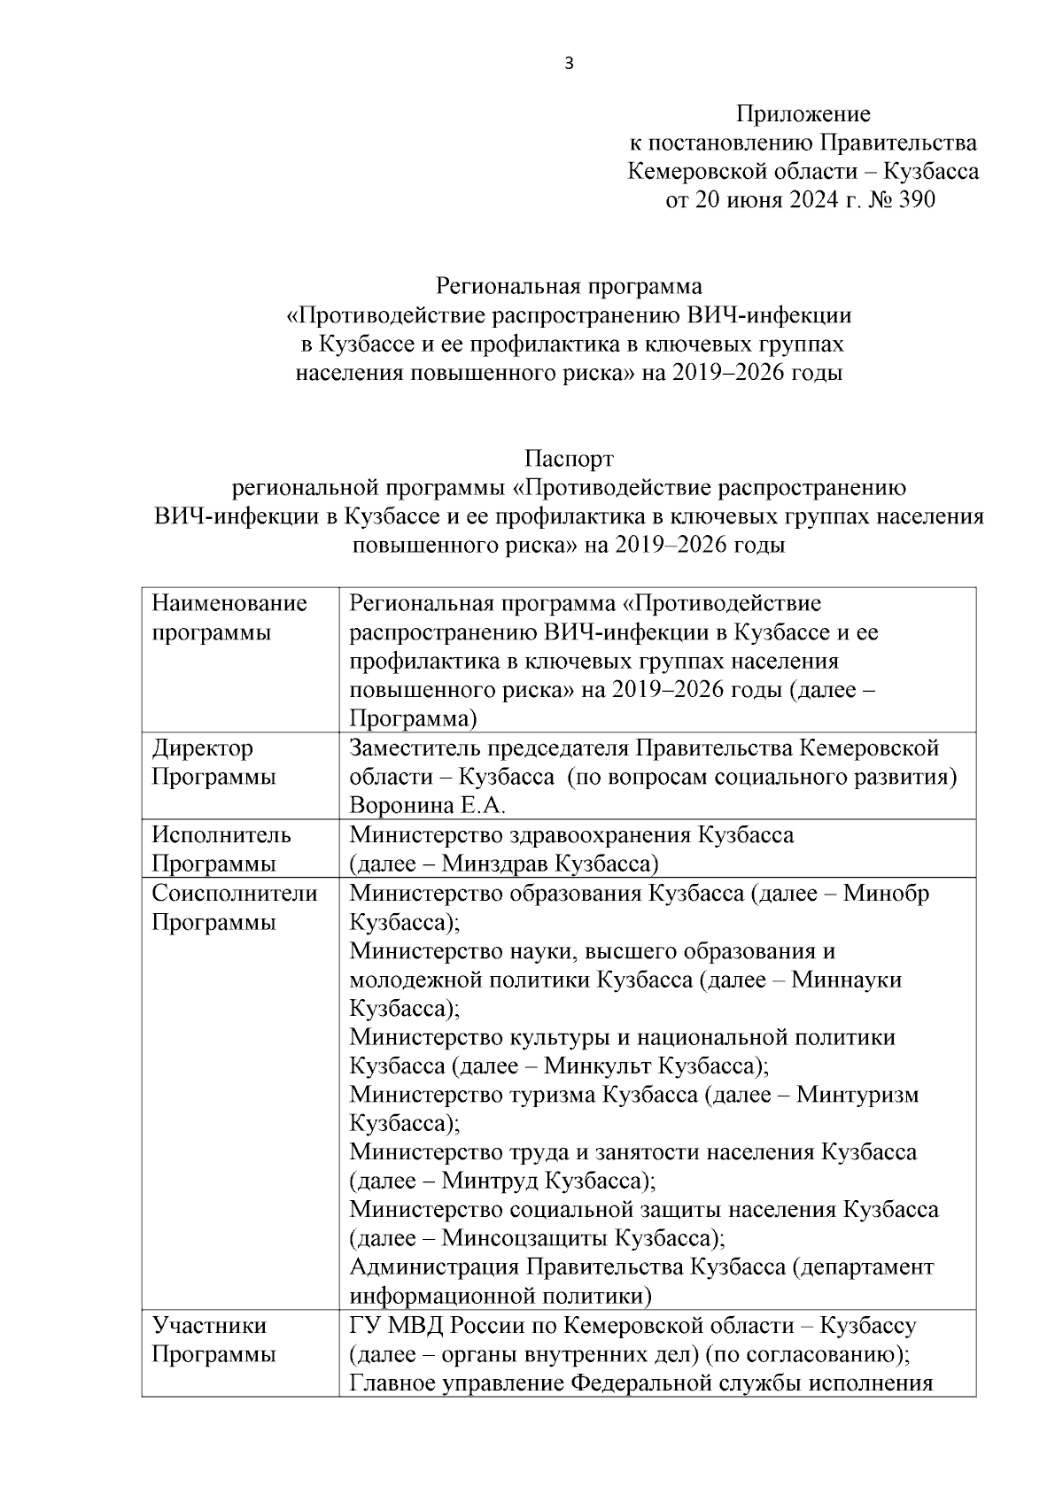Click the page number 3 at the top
[x=570, y=63]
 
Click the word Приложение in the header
[x=803, y=114]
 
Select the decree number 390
[x=916, y=200]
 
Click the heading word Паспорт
[x=569, y=460]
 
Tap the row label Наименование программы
[x=229, y=618]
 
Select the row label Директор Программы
[x=213, y=763]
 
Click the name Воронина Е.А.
[x=427, y=806]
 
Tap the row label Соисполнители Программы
[x=234, y=907]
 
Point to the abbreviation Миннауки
[x=846, y=980]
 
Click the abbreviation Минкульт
[x=598, y=1065]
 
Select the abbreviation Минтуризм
[x=857, y=1095]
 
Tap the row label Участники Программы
[x=213, y=1340]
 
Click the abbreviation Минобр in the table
[x=885, y=893]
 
